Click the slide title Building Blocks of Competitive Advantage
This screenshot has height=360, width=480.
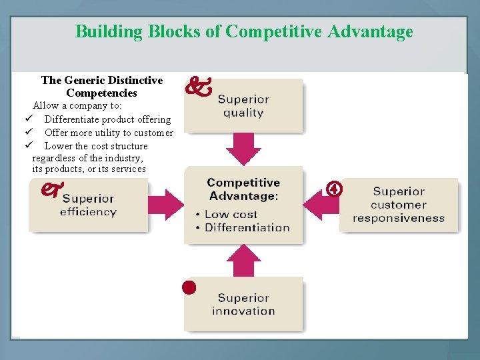244,31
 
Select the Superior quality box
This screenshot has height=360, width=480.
243,105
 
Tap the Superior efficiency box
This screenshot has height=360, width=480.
88,205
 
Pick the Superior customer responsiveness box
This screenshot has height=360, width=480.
399,205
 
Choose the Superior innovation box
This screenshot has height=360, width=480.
243,304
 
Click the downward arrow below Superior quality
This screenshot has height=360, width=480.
243,149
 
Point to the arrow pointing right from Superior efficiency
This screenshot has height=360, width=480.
167,205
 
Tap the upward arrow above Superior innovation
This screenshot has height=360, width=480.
243,261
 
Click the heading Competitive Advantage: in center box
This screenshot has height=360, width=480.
243,189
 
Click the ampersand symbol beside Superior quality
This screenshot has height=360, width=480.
197,87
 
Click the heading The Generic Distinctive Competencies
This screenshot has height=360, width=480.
101,87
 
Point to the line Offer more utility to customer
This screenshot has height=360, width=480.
109,133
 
